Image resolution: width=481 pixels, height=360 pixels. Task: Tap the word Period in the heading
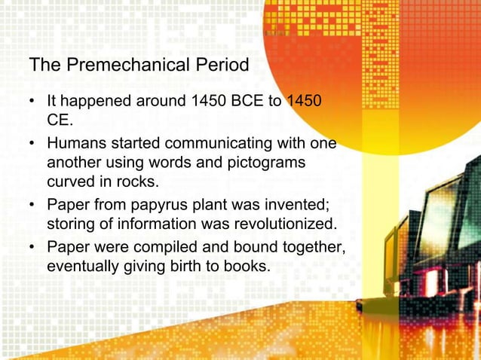click(220, 66)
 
